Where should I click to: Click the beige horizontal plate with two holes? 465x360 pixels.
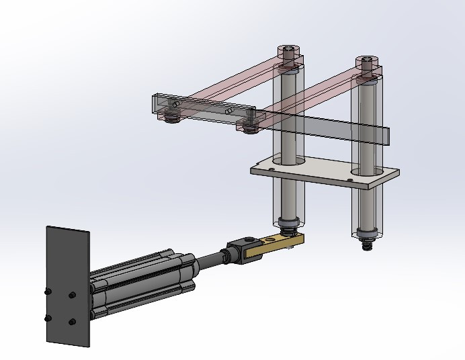click(x=323, y=173)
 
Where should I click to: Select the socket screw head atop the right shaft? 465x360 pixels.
click(x=366, y=63)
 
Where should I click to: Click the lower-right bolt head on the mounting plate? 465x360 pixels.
click(x=72, y=323)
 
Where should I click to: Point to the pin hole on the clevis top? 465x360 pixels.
click(x=248, y=239)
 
